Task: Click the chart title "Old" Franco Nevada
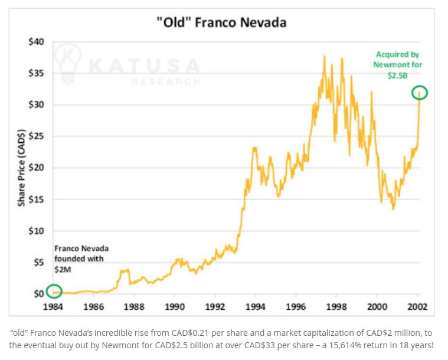point(224,23)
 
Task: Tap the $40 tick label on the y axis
point(36,42)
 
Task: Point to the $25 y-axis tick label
point(36,136)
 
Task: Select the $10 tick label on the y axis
point(36,231)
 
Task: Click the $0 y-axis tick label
point(38,293)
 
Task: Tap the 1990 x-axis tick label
point(175,307)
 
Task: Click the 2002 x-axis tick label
point(417,307)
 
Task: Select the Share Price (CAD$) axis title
point(21,168)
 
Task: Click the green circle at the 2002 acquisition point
point(418,93)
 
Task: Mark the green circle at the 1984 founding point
point(54,292)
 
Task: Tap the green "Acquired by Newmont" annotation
point(398,64)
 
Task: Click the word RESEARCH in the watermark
point(166,81)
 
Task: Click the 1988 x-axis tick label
point(135,307)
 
